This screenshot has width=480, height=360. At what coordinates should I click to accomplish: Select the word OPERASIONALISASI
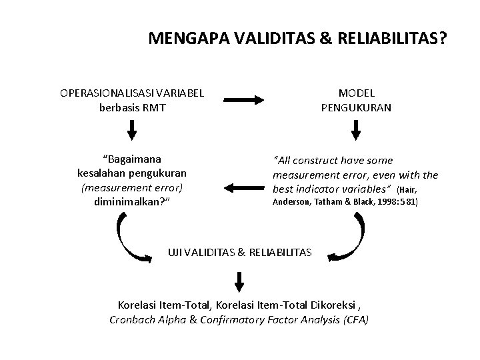(111, 93)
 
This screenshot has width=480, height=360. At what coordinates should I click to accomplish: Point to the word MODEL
(357, 93)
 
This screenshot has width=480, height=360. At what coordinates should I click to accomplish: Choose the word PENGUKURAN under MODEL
(357, 107)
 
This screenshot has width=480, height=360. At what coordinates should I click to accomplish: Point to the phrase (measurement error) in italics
(131, 187)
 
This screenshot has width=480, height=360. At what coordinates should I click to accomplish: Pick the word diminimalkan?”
(132, 201)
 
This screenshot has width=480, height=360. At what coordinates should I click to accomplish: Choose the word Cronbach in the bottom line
(133, 319)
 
